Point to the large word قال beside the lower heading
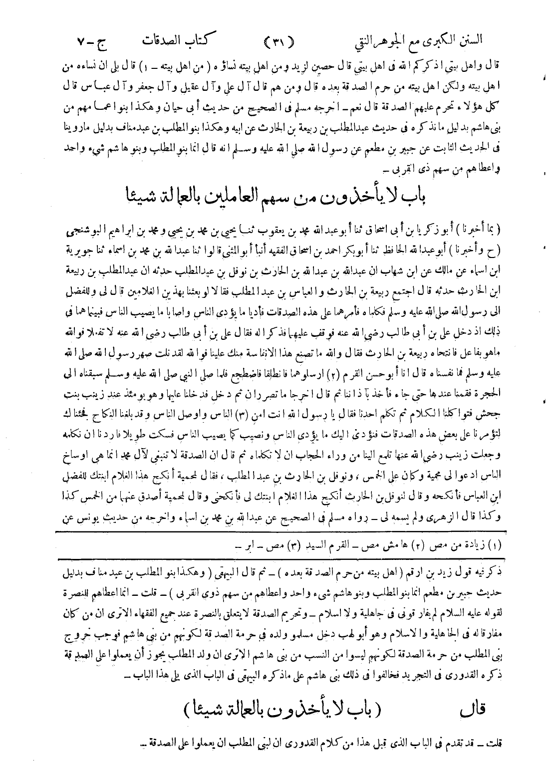[471, 707]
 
